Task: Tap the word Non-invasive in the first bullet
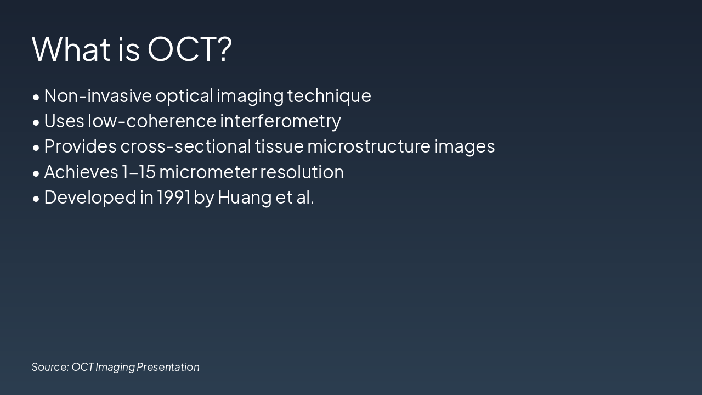[98, 95]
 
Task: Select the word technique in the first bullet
[329, 96]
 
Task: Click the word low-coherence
[152, 121]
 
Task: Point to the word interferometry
[280, 121]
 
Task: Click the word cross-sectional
[186, 146]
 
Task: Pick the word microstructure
[369, 146]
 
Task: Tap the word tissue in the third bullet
[279, 146]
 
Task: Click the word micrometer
[208, 172]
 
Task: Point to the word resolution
[302, 172]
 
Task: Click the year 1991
[173, 197]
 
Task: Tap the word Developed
[90, 197]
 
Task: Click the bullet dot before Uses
[36, 122]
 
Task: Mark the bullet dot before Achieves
[36, 173]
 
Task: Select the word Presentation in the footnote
[168, 366]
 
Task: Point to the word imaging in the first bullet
[250, 96]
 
